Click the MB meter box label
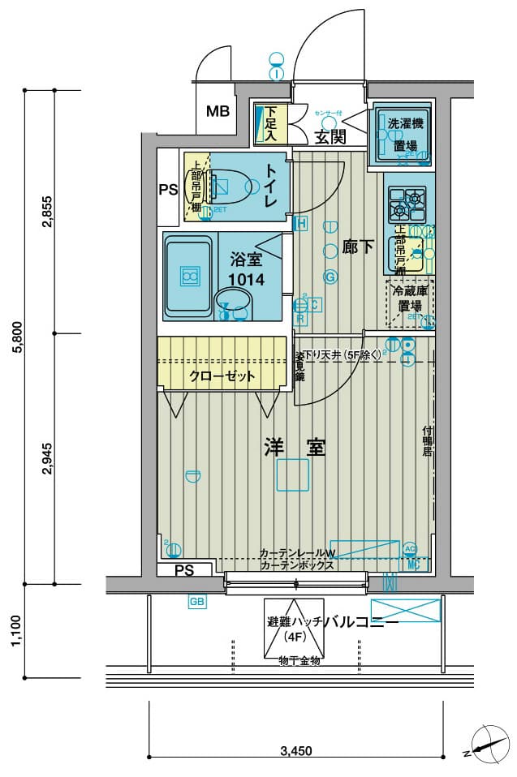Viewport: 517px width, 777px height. click(x=217, y=111)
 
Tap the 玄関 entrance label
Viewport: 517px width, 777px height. click(x=330, y=137)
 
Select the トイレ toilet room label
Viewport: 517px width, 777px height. click(x=271, y=184)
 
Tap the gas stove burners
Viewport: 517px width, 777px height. click(x=407, y=204)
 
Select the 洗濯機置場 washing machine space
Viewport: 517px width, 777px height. click(x=405, y=135)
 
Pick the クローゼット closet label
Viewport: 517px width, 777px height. click(x=222, y=376)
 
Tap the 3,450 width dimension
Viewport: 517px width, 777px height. click(x=295, y=750)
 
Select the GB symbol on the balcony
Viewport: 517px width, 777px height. click(x=196, y=602)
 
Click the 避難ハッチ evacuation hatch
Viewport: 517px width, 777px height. click(x=293, y=629)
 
